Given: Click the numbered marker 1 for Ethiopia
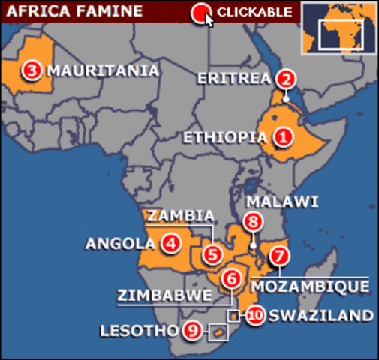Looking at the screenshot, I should tap(282, 137).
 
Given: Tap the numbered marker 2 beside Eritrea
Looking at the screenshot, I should tap(284, 78).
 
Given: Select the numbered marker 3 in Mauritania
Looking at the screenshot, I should tap(31, 70).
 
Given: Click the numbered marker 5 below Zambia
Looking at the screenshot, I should tap(214, 254).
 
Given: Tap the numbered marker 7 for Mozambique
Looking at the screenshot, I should tap(279, 255).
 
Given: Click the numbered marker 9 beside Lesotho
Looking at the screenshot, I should tap(192, 329).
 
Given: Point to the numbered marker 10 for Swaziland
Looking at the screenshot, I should tap(254, 315).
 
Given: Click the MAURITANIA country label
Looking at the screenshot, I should tap(102, 70).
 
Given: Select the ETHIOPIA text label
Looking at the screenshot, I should tap(225, 137).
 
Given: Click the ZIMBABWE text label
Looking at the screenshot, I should tap(164, 295).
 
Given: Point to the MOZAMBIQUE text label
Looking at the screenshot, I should tap(310, 286).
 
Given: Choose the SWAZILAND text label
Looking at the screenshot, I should tap(320, 315).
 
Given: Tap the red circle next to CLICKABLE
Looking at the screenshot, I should tap(200, 12).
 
